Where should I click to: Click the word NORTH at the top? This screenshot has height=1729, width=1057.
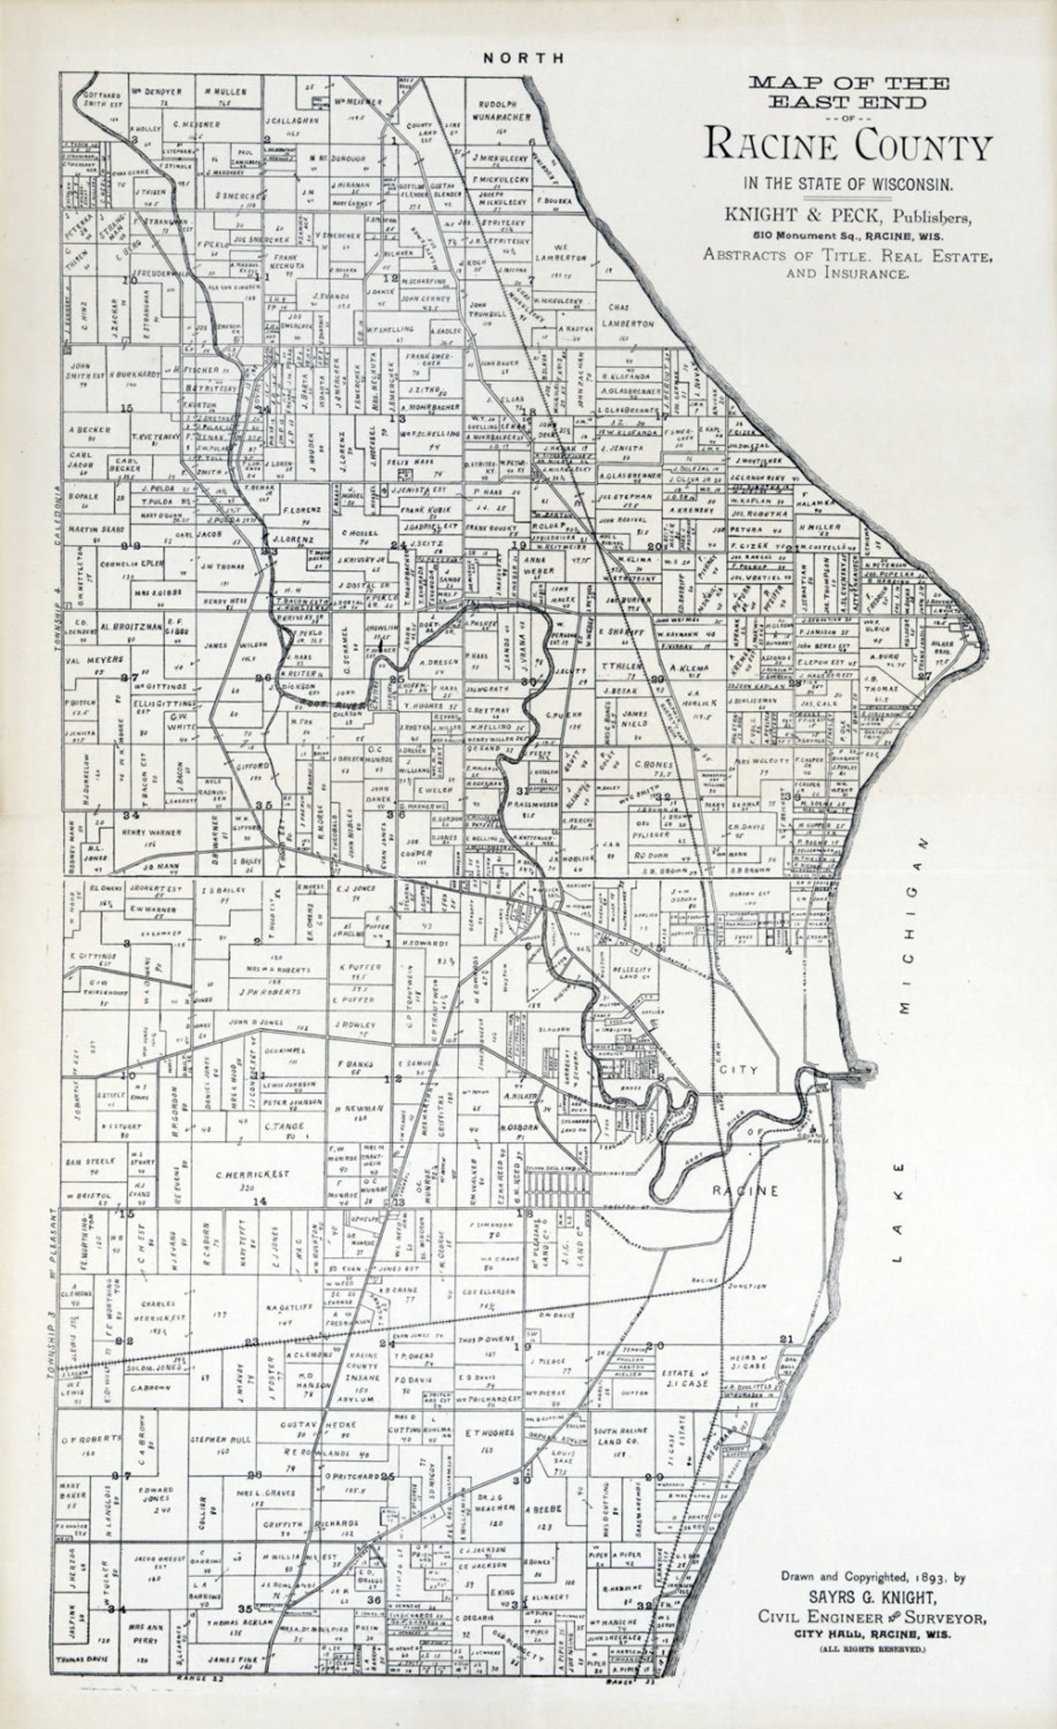(523, 59)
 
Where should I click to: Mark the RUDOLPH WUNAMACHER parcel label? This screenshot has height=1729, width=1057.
(501, 110)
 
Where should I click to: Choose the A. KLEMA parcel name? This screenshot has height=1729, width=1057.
(688, 669)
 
